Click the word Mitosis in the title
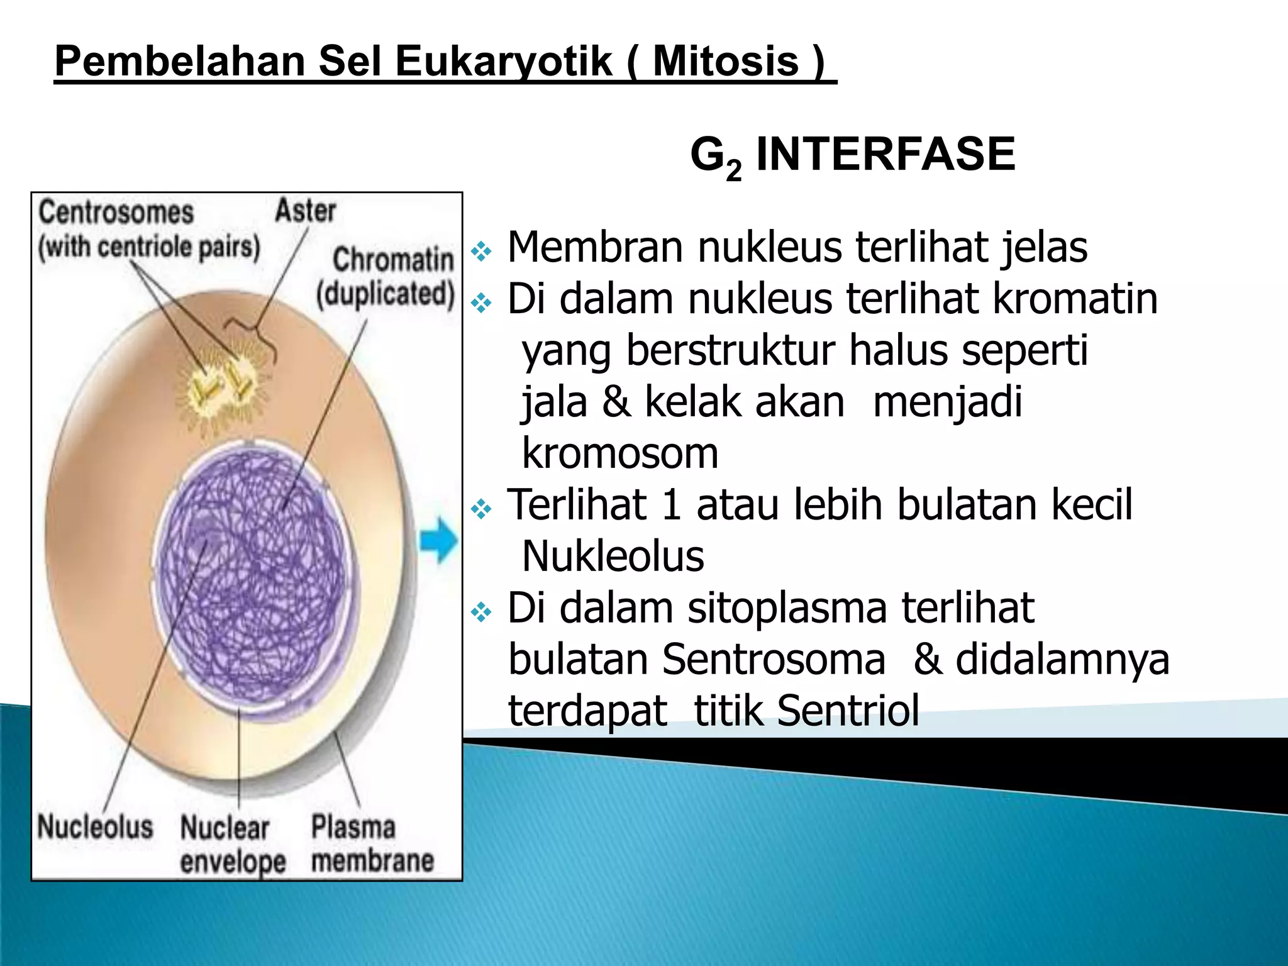(725, 62)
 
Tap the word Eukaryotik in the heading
(503, 62)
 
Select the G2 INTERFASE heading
(852, 155)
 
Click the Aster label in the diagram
(305, 211)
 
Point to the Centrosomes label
(116, 213)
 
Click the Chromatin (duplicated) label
(386, 277)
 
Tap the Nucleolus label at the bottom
(95, 826)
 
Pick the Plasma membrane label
(372, 843)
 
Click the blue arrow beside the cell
(438, 540)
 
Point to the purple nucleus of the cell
(252, 575)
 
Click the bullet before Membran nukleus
(481, 252)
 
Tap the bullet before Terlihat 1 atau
(481, 509)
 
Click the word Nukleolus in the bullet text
(613, 557)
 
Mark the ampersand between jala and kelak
(616, 402)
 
